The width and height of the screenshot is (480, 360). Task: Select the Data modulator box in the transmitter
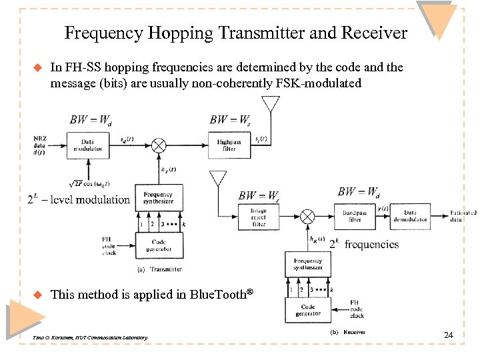point(87,145)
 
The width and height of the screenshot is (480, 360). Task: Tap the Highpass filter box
point(229,145)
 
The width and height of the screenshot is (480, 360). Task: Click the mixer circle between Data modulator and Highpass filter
point(159,145)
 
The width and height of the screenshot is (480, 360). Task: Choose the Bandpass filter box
point(355,216)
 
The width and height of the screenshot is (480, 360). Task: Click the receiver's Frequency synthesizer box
point(307,264)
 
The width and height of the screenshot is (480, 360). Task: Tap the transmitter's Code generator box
point(159,245)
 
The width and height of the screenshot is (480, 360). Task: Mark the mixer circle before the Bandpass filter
point(307,216)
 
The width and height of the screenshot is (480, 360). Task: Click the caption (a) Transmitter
point(159,269)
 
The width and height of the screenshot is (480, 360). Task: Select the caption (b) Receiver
point(348,331)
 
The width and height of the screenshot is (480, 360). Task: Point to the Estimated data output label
point(463,216)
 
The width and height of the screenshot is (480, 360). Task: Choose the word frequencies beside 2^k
point(371,245)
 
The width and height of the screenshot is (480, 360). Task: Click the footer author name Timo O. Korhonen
point(56,339)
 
